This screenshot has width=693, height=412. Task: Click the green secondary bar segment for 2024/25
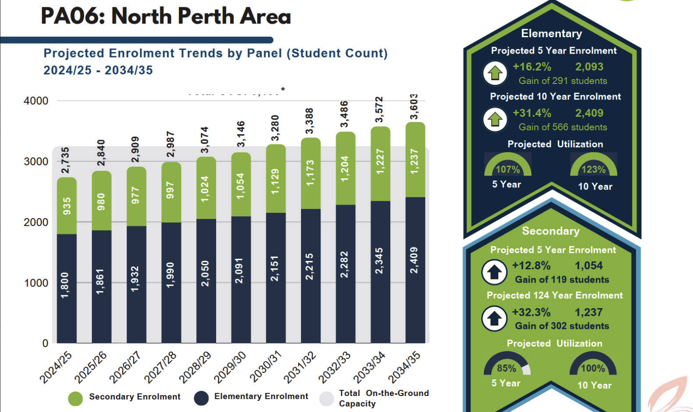coord(67,206)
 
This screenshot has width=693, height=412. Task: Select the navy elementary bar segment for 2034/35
coord(415,269)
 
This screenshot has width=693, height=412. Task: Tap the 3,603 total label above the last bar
coord(415,106)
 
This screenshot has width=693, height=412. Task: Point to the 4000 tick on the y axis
coord(36,101)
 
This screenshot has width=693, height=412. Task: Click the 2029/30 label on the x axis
coord(230,367)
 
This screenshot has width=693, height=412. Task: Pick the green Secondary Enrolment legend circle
coord(75,399)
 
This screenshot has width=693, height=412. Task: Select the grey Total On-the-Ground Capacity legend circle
coord(326,399)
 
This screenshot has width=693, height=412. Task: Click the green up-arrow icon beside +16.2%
coord(495,73)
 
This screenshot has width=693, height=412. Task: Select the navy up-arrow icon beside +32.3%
coord(494,319)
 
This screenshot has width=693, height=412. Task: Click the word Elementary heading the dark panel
coord(551,33)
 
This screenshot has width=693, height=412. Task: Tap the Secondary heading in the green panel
coord(551,231)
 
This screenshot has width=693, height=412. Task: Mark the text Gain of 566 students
coord(563,127)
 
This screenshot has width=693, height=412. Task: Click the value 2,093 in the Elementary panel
coord(589,67)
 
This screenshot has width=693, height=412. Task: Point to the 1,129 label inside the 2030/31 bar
coord(275,181)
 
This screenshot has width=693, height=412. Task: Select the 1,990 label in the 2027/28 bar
coord(171,274)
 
